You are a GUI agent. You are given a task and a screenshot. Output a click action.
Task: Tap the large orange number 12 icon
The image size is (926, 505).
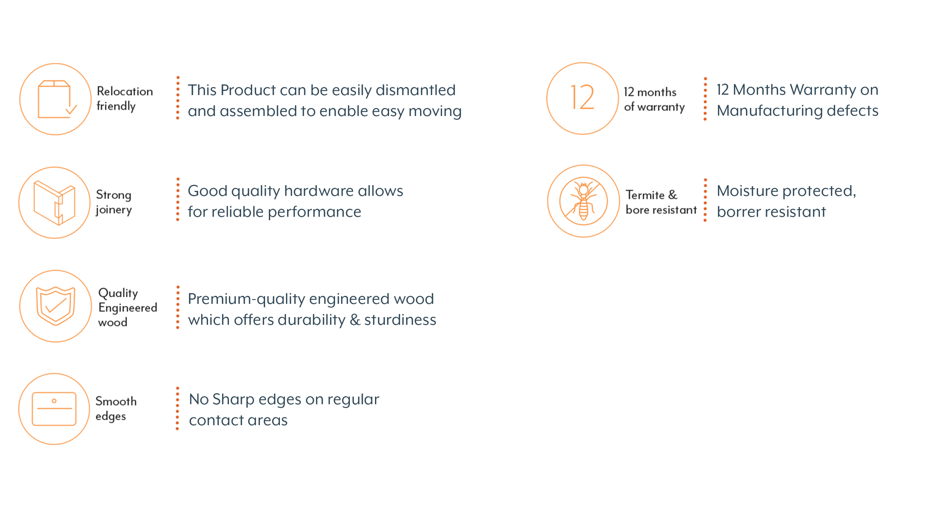point(582,97)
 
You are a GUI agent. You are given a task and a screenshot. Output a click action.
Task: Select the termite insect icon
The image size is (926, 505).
point(584,201)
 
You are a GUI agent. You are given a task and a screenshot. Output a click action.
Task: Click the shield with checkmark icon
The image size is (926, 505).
point(56,306)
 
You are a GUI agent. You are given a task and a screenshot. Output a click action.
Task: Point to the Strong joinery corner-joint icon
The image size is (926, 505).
point(54,203)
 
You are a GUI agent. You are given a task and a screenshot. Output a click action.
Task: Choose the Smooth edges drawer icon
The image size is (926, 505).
point(54,409)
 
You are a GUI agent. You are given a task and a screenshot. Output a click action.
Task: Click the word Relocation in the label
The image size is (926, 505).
point(125,91)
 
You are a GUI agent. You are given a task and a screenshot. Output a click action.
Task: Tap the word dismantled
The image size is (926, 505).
point(416,90)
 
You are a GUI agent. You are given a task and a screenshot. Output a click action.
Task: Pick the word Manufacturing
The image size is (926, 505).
point(767,111)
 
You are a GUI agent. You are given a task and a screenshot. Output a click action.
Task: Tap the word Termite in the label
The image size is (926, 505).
point(645,195)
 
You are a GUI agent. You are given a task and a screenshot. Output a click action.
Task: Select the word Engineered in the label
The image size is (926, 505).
point(127,308)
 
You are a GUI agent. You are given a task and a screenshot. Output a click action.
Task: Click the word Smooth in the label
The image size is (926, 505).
point(116,401)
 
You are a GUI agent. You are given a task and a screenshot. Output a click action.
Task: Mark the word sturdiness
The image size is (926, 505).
point(400,320)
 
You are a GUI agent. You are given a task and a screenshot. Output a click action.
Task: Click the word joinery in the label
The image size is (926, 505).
point(114,210)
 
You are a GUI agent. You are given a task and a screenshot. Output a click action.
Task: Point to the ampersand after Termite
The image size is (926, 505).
point(672,195)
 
